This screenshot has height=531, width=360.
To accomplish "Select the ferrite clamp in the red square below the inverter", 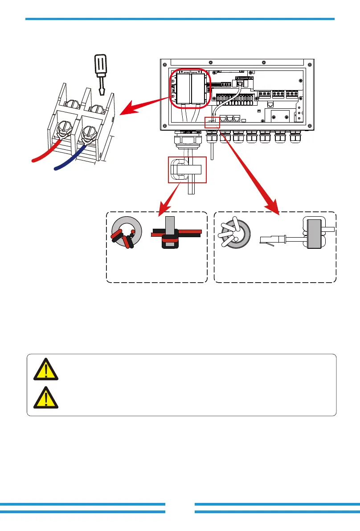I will click(187, 169).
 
